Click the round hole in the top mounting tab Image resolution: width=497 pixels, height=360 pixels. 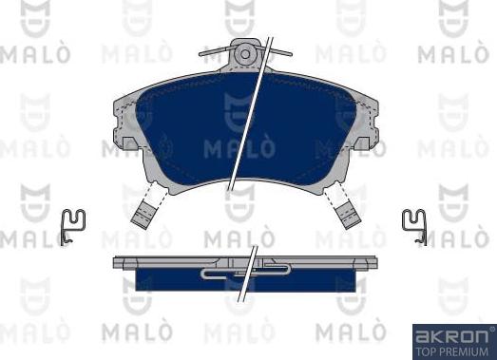point(245,54)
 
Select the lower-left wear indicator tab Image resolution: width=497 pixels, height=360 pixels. point(143,216)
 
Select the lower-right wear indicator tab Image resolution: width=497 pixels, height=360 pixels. point(348,216)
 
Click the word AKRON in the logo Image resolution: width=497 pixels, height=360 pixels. point(452,336)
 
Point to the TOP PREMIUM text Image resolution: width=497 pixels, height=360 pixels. point(452,351)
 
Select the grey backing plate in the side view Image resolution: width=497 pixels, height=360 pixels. point(245,263)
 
